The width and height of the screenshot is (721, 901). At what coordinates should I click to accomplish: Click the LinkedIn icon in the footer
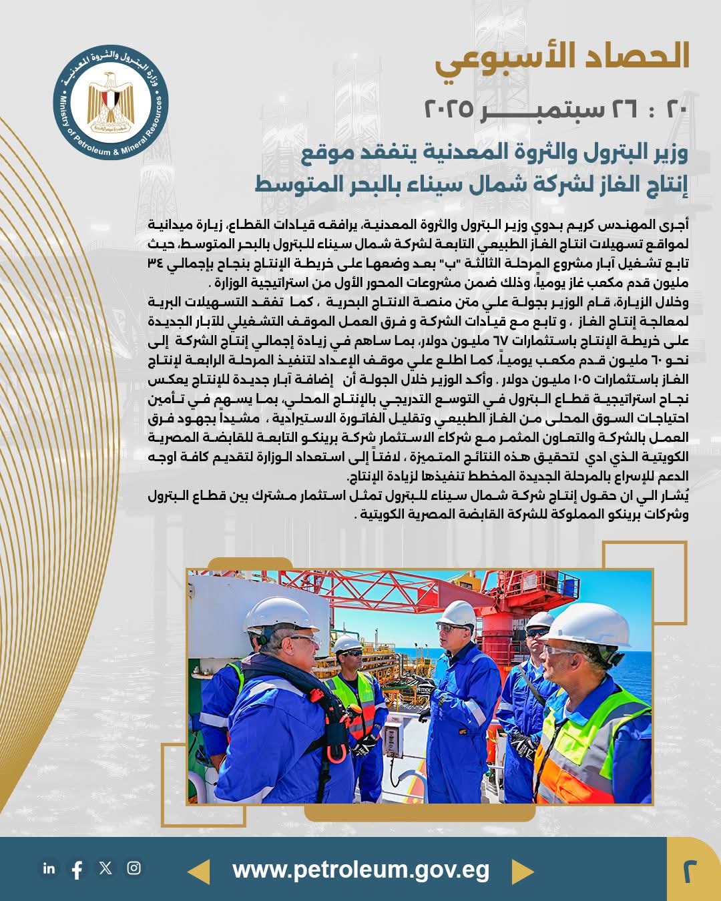coord(49,868)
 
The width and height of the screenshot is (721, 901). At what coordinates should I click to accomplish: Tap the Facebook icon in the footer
coord(77,869)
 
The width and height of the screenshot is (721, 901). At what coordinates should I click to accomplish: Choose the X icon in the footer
coord(105,868)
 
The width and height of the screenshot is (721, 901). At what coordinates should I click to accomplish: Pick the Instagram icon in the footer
coord(134,868)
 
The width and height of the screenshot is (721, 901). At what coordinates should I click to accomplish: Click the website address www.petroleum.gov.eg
coord(360,870)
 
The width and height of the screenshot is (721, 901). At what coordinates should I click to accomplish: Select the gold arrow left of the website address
coord(199,872)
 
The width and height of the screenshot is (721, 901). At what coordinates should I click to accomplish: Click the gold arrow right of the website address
coord(522,872)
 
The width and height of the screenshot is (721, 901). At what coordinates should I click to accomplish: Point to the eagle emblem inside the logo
coord(111,100)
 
